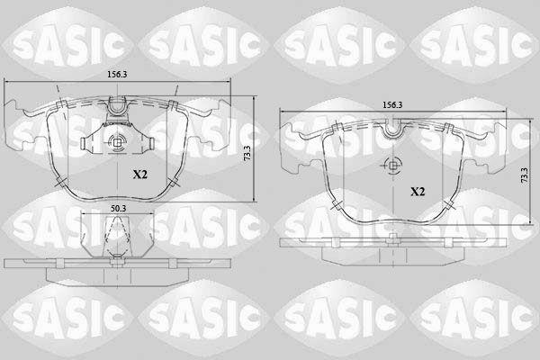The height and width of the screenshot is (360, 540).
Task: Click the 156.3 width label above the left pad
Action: click(x=117, y=75)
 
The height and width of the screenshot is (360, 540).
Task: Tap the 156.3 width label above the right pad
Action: click(x=392, y=105)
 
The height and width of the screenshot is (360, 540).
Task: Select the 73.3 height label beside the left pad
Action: click(x=247, y=153)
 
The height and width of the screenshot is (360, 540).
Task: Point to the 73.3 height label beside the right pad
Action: click(x=524, y=175)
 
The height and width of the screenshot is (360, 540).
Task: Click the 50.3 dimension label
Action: click(x=118, y=209)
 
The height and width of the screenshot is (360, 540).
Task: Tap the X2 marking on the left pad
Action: click(x=140, y=175)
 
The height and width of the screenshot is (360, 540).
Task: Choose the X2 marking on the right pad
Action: click(x=418, y=192)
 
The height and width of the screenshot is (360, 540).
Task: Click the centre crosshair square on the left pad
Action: click(x=117, y=142)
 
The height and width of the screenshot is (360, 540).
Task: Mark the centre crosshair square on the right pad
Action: click(x=393, y=166)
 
